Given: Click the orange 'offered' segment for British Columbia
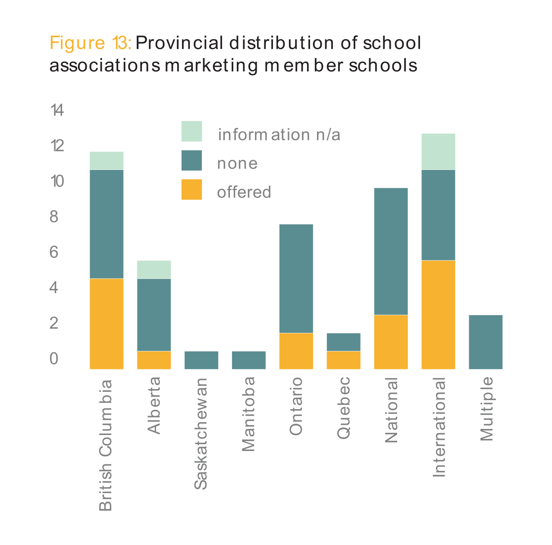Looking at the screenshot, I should [107, 323].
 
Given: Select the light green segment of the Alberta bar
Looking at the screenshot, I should [154, 269].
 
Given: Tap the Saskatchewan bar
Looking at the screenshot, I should [201, 360].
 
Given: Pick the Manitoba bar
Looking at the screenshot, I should [249, 360].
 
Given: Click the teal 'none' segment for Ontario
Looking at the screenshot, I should [296, 279].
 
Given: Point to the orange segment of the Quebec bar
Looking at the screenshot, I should [344, 360].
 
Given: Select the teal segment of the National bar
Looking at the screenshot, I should [391, 251].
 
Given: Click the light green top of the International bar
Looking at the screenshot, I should [438, 151].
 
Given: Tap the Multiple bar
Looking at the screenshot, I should [486, 342].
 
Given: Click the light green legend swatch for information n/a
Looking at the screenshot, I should [191, 131].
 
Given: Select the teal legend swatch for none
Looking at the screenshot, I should [191, 160].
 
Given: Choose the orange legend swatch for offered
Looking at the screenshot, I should [191, 190].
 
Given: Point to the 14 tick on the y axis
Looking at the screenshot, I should [57, 111].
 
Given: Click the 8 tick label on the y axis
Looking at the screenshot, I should [54, 216].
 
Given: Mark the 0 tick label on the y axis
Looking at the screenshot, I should [54, 358].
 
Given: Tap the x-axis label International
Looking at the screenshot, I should [439, 427].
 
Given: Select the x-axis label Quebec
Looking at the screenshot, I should [344, 408].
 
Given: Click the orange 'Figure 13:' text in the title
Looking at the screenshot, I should [90, 43].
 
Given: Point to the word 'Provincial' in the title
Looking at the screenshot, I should [180, 43].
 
